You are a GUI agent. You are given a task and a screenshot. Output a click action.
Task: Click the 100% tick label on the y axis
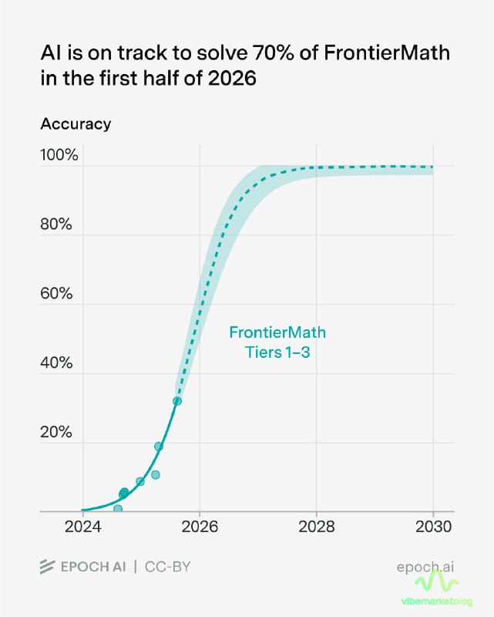[59, 155]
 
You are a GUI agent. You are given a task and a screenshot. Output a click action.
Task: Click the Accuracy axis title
[76, 123]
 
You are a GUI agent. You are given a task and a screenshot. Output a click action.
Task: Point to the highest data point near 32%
[177, 401]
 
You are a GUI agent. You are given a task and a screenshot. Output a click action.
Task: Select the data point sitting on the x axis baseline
[118, 509]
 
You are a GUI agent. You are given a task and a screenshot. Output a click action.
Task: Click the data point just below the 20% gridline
[159, 447]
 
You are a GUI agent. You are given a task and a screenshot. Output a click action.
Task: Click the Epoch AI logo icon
[48, 568]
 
